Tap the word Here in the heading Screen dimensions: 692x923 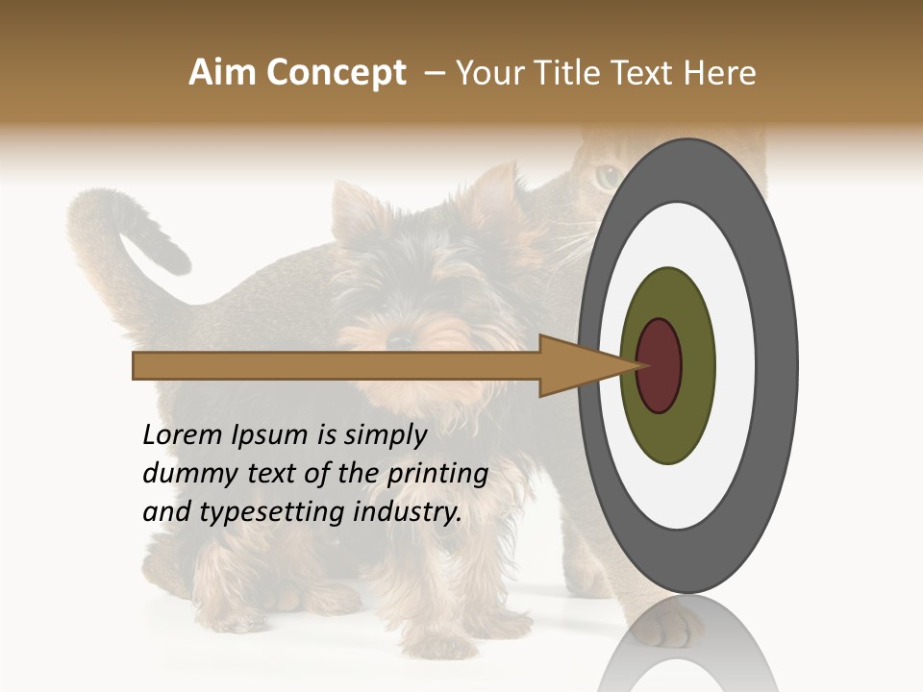(x=721, y=73)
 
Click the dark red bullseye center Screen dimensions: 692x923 (x=659, y=365)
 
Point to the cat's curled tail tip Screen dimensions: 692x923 (x=178, y=258)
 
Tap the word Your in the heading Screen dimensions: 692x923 (x=486, y=73)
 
